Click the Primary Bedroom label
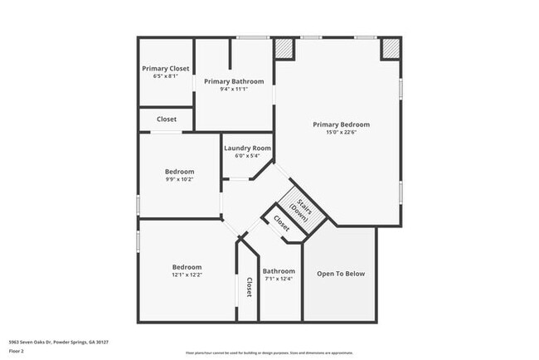pyautogui.click(x=341, y=124)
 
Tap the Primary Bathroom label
pyautogui.click(x=234, y=81)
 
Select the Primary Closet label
pyautogui.click(x=166, y=68)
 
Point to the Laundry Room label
pyautogui.click(x=247, y=148)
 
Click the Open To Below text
pyautogui.click(x=341, y=274)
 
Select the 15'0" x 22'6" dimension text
pyautogui.click(x=341, y=133)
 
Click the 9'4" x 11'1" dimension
pyautogui.click(x=234, y=89)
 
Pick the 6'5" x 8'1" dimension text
pyautogui.click(x=166, y=75)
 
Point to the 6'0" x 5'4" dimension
pyautogui.click(x=247, y=155)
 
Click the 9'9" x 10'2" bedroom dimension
pyautogui.click(x=179, y=179)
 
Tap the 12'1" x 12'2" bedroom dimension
pyautogui.click(x=187, y=275)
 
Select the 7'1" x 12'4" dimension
pyautogui.click(x=279, y=279)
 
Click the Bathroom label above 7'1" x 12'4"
pyautogui.click(x=279, y=271)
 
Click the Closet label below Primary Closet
pyautogui.click(x=167, y=119)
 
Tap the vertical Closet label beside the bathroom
pyautogui.click(x=249, y=286)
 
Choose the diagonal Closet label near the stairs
pyautogui.click(x=281, y=222)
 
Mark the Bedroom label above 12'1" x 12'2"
pyautogui.click(x=187, y=267)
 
